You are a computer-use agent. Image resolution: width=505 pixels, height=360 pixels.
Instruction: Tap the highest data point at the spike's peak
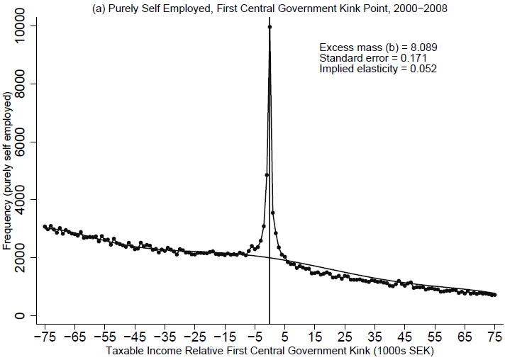(x=270, y=27)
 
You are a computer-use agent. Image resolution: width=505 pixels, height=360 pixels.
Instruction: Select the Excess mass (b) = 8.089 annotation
(x=378, y=47)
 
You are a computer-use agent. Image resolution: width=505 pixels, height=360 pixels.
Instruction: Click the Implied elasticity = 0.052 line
(x=378, y=69)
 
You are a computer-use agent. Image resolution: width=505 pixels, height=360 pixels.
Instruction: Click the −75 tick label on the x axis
(x=44, y=337)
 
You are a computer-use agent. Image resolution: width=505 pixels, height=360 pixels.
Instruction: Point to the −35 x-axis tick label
(x=164, y=337)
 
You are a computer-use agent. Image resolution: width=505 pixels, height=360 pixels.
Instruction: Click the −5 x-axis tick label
(x=254, y=337)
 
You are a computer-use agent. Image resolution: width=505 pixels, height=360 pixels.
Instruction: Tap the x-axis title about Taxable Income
(x=270, y=351)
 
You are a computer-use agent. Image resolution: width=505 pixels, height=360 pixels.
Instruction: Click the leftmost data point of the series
(x=45, y=227)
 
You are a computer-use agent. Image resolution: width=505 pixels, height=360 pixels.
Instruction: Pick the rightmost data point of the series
(x=494, y=295)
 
